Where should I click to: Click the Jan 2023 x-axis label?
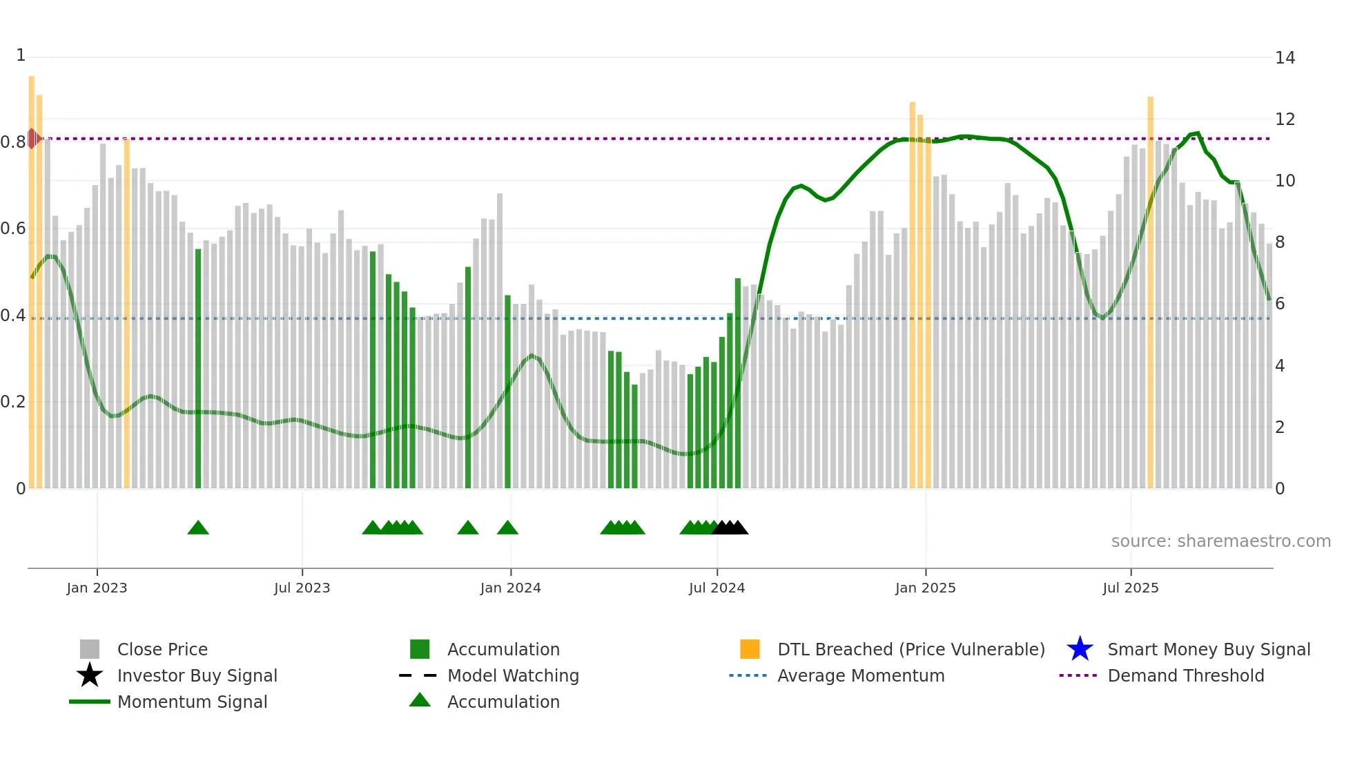(x=97, y=588)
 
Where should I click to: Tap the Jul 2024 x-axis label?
(x=717, y=588)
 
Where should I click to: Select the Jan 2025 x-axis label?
(x=925, y=588)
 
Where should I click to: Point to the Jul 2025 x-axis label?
(x=1130, y=588)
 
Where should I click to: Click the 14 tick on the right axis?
(x=1285, y=58)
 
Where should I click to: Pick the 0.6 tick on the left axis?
(x=13, y=229)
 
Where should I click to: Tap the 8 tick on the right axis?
(x=1280, y=242)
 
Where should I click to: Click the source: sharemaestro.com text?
(x=1220, y=541)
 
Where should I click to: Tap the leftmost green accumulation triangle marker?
(x=198, y=528)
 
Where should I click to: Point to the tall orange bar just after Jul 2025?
(x=1150, y=290)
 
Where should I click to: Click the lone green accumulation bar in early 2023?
(x=198, y=369)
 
